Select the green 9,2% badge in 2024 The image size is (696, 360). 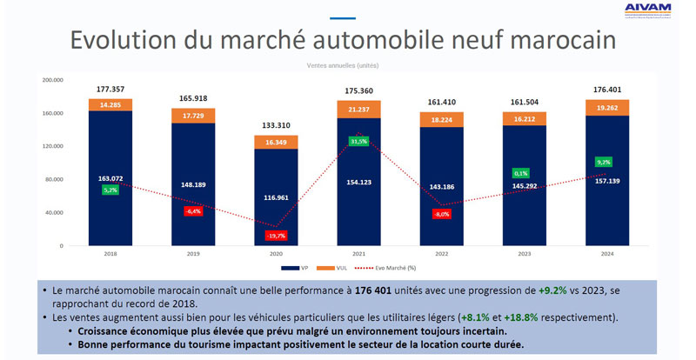tap(603, 162)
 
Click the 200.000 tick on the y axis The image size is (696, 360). tap(53, 80)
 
